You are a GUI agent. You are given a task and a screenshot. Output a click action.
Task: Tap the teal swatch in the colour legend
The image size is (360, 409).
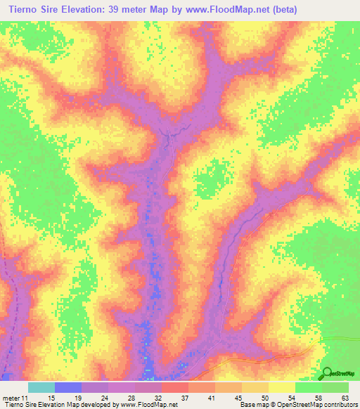tap(41, 387)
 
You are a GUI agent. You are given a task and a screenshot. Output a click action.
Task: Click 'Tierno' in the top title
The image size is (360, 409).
tap(20, 10)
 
